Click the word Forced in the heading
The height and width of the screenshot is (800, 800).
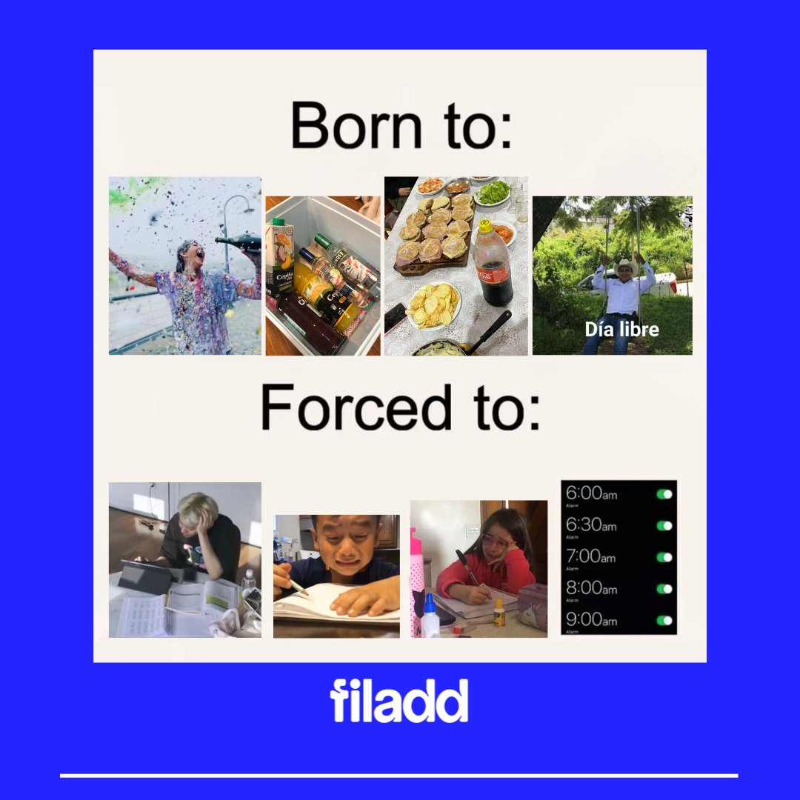coord(356,408)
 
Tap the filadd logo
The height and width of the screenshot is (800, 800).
coord(399,701)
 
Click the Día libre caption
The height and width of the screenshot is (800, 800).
coord(621,329)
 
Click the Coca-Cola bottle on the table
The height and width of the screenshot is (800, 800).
coord(492,263)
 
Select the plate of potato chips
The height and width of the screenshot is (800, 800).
coord(433,304)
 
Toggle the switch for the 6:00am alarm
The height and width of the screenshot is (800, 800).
coord(664,494)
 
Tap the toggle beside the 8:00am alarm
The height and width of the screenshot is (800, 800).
coord(664,589)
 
